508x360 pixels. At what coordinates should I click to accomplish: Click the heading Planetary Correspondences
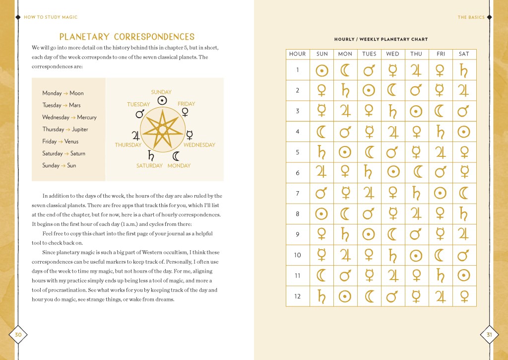[x=127, y=37]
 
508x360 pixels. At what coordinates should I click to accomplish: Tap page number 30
[x=18, y=335]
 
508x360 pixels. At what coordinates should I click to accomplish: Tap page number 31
[x=489, y=335]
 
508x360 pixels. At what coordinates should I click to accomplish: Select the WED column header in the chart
[x=392, y=54]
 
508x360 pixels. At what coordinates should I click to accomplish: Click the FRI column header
[x=441, y=54]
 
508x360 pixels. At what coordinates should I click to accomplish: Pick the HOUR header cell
[x=298, y=54]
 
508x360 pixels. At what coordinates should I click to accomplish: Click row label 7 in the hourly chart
[x=298, y=193]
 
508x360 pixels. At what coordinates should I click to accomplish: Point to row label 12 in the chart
[x=298, y=296]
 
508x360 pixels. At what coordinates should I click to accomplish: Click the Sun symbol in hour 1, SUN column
[x=322, y=71]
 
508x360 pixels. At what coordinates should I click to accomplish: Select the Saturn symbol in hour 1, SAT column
[x=464, y=71]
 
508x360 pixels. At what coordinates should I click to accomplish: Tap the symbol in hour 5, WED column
[x=392, y=152]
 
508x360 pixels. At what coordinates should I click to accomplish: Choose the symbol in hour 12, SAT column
[x=464, y=296]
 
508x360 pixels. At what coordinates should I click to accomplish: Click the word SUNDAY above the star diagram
[x=161, y=92]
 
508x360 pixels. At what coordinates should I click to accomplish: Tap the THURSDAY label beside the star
[x=128, y=145]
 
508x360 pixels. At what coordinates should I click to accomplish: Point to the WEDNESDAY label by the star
[x=199, y=145]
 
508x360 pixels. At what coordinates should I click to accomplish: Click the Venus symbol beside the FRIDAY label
[x=186, y=113]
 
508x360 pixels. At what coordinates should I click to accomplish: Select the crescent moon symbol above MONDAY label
[x=176, y=156]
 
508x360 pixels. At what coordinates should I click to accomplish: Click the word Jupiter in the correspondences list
[x=80, y=129]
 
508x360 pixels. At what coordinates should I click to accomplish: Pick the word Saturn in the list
[x=77, y=153]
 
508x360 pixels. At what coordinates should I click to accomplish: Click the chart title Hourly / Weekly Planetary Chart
[x=381, y=39]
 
